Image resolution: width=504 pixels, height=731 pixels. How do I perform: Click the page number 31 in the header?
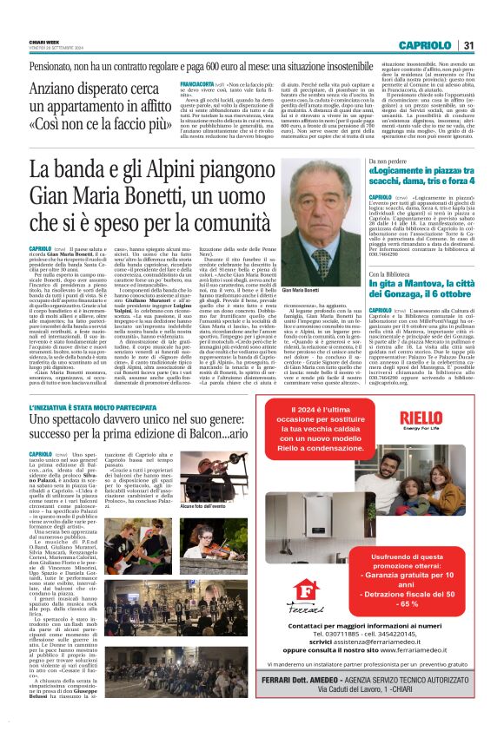tap(468, 45)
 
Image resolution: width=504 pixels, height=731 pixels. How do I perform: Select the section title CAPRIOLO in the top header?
tap(426, 45)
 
